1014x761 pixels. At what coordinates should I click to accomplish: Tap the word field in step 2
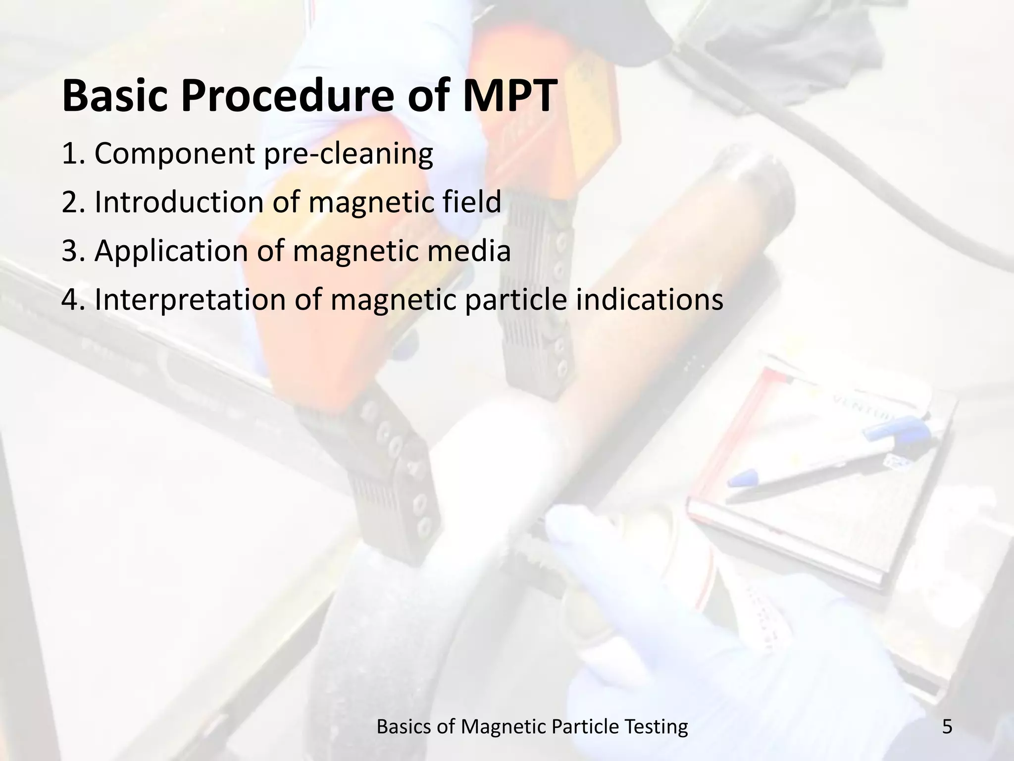coord(470,202)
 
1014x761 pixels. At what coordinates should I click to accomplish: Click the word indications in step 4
coord(649,300)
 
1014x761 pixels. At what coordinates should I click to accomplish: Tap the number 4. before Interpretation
coord(74,300)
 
